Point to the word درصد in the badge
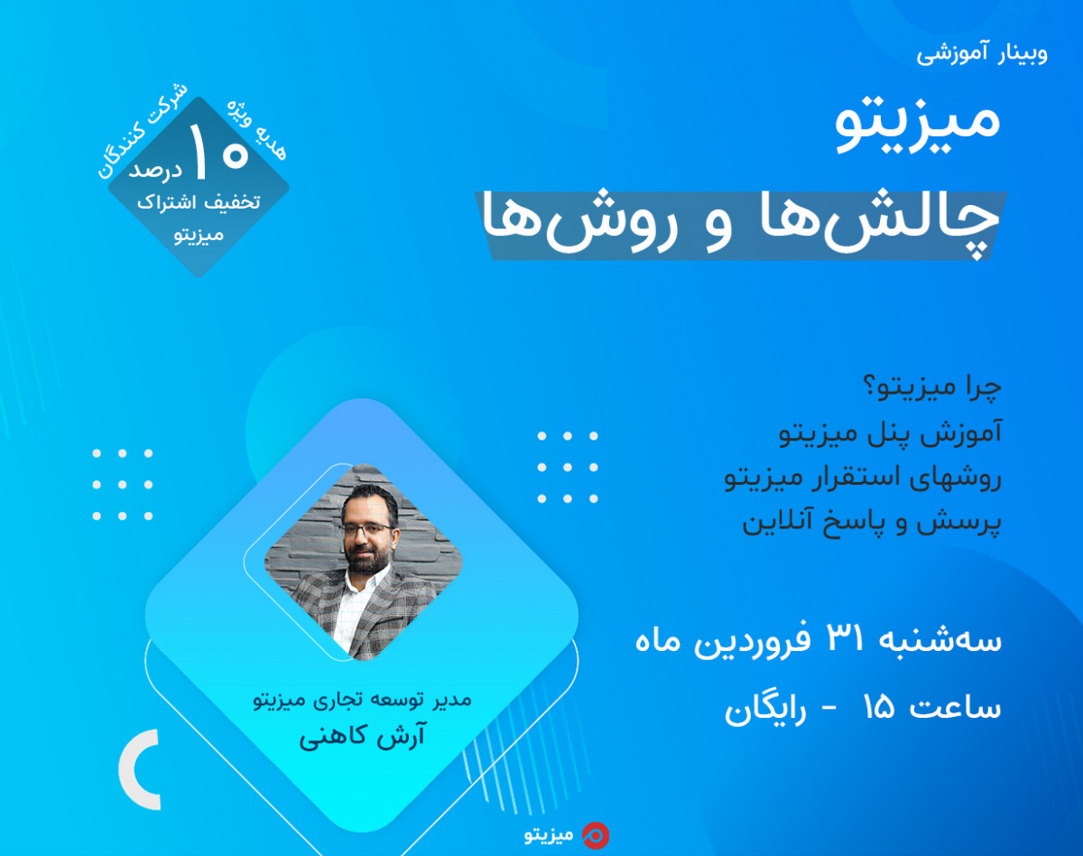[x=155, y=169]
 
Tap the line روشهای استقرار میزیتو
[x=864, y=479]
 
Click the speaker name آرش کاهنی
[x=362, y=737]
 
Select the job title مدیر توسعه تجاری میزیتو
[x=362, y=700]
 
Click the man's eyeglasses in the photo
[x=367, y=526]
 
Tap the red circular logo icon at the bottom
[x=595, y=835]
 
